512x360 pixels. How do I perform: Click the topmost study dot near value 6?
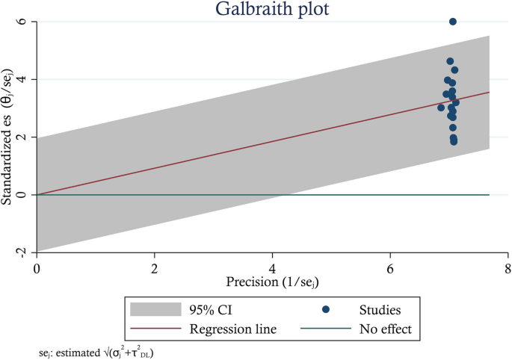453,22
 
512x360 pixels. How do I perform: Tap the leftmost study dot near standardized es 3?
441,108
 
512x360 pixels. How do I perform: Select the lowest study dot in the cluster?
454,141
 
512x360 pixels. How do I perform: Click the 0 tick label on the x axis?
37,267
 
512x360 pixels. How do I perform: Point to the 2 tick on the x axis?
155,267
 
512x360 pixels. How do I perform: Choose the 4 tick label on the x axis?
273,267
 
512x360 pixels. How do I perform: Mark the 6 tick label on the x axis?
390,267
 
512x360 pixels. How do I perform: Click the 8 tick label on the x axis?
508,267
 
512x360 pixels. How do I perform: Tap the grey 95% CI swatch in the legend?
155,308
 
